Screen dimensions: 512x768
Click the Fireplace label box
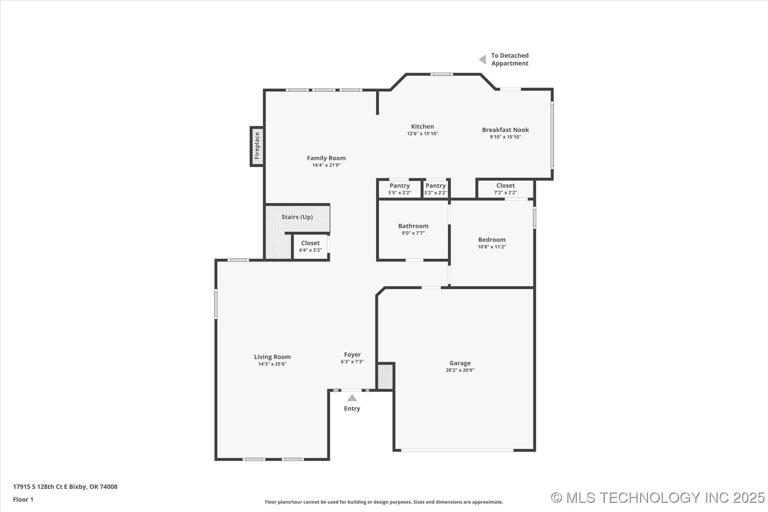pos(257,146)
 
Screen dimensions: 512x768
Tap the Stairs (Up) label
pos(297,217)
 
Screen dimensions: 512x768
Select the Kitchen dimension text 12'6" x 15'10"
pos(422,134)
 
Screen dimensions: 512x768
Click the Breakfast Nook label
pos(505,130)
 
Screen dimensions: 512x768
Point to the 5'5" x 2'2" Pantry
pos(400,189)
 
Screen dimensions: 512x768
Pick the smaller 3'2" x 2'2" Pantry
pos(436,189)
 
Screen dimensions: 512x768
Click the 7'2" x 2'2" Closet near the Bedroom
pos(505,189)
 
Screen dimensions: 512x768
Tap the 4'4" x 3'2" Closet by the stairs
pos(310,246)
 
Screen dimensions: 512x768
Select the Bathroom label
pos(413,226)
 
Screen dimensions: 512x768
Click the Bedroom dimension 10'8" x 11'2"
pos(492,247)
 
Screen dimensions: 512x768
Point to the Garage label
pos(460,363)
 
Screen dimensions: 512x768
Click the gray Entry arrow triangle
pos(352,398)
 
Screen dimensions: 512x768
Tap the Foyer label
pos(352,355)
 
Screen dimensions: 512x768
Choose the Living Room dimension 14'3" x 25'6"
pos(272,364)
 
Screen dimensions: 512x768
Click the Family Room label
pos(326,158)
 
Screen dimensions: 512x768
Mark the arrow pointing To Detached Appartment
pos(483,60)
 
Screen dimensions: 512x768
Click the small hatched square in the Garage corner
pos(385,376)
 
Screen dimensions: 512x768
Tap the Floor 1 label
pos(23,499)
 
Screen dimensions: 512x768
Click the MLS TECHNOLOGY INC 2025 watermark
pos(658,498)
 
